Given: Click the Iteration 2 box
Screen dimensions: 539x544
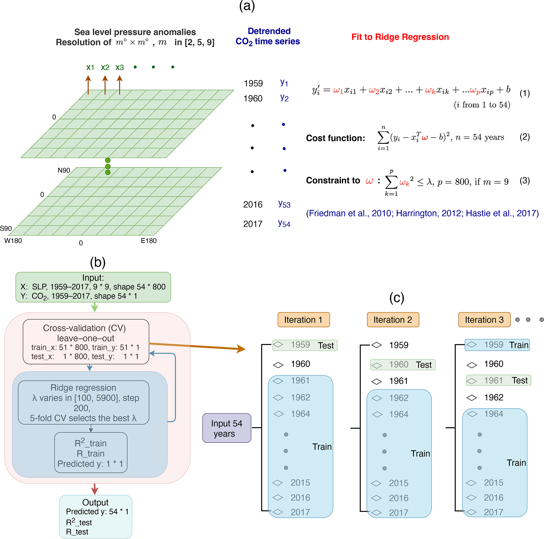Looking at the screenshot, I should pos(393,320).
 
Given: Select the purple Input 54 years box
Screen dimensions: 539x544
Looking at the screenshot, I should pos(227,428).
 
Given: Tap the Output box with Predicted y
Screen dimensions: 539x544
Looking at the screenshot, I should pos(96,516).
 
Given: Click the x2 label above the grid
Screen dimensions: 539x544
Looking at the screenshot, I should pos(105,68).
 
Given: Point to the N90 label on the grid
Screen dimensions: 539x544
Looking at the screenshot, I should pos(64,170).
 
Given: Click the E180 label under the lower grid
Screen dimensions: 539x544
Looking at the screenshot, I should pos(149,241).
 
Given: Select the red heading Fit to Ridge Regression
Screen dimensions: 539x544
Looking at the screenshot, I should pos(400,37).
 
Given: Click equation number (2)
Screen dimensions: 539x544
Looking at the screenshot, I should pos(525,137).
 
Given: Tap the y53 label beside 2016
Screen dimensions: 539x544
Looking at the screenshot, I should pos(284,204).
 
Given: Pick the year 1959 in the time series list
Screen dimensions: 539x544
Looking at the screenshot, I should pos(253,83).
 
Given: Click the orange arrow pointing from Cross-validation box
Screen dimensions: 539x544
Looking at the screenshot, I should pos(197,346).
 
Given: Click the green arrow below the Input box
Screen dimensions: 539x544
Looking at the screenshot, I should pos(95,307).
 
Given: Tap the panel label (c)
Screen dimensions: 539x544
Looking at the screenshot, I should pos(396,298).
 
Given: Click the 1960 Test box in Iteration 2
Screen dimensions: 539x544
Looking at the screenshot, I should pos(403,365).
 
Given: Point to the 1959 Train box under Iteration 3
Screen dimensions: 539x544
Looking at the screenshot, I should pos(497,345).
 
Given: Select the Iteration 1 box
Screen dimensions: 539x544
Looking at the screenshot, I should pos(303,320).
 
